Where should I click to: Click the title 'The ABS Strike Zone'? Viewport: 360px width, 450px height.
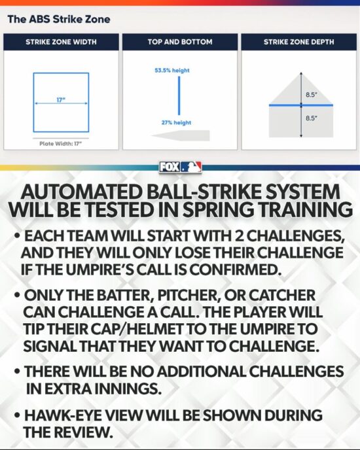(x=59, y=19)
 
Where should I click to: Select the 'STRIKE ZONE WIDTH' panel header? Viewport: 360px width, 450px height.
(x=61, y=42)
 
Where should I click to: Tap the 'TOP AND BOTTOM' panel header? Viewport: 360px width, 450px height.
(x=180, y=42)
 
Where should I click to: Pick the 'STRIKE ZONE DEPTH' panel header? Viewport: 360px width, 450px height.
(x=299, y=42)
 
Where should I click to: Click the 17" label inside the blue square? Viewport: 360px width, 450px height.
(x=61, y=100)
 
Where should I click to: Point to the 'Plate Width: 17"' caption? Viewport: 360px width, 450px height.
(x=61, y=143)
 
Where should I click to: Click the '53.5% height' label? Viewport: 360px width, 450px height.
(x=172, y=71)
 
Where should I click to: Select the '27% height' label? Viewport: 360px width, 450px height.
(x=176, y=122)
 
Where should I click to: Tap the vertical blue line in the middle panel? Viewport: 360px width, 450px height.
(x=179, y=95)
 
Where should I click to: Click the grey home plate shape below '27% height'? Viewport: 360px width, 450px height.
(x=181, y=135)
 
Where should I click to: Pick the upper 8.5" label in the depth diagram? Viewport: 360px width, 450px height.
(x=312, y=94)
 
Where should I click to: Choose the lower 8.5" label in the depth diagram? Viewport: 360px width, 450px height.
(x=312, y=118)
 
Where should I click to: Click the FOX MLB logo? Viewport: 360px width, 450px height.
(x=181, y=167)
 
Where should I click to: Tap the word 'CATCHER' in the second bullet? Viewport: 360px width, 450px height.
(x=282, y=295)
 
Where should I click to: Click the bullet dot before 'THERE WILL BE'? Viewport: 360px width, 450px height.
(x=18, y=372)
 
